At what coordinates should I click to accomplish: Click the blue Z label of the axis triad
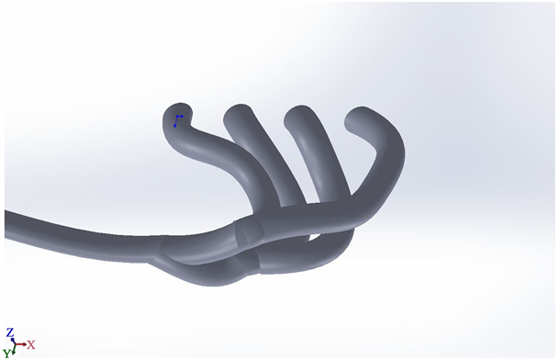[x=10, y=332]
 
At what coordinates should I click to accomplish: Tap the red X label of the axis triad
[x=31, y=345]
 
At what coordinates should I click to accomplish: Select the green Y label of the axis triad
[x=6, y=354]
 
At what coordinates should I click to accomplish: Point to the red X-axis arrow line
[x=20, y=344]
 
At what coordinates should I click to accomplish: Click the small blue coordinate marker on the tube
[x=178, y=120]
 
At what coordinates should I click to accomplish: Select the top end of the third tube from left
[x=298, y=116]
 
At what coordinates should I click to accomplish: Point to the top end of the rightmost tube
[x=360, y=118]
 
